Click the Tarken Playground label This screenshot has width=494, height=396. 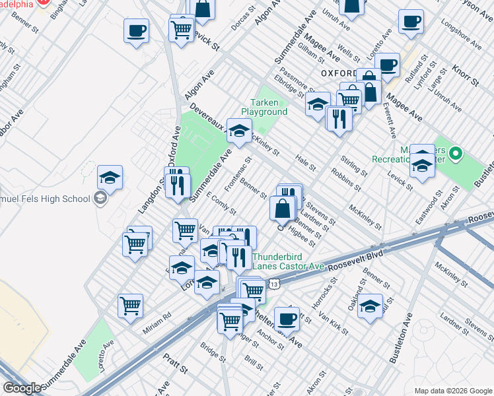pyautogui.click(x=269, y=107)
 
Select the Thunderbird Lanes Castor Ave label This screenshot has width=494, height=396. pyautogui.click(x=288, y=262)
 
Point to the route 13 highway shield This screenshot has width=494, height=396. pyautogui.click(x=276, y=284)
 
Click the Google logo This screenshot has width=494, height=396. pyautogui.click(x=22, y=388)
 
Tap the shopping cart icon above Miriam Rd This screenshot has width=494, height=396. pyautogui.click(x=130, y=305)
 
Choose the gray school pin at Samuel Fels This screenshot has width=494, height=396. pyautogui.click(x=100, y=198)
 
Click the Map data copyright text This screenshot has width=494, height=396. pyautogui.click(x=452, y=390)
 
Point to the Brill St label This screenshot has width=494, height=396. pyautogui.click(x=254, y=362)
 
